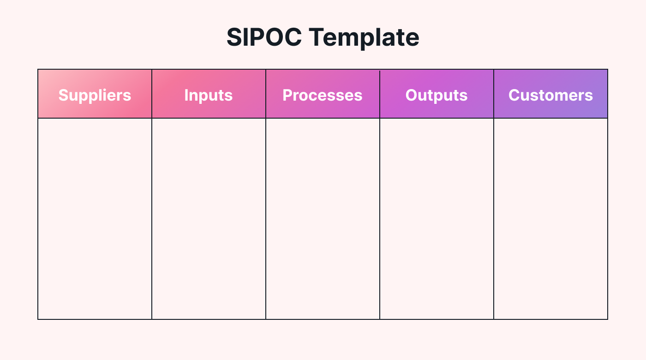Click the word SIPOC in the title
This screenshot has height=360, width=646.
click(x=264, y=37)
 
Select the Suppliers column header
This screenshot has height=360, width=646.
click(x=95, y=95)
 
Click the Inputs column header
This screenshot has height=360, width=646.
click(x=209, y=95)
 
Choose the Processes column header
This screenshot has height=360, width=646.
click(x=323, y=95)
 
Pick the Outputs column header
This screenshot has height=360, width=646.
click(x=437, y=95)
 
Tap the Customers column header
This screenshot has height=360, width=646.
click(x=550, y=95)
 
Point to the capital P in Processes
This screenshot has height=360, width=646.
click(x=287, y=95)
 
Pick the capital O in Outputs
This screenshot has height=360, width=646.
click(x=412, y=95)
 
